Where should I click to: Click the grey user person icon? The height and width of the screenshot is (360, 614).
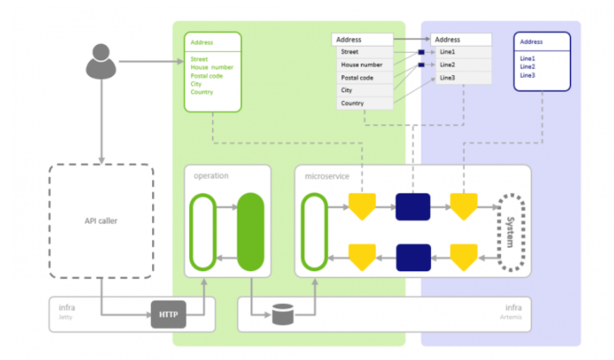pos(101,60)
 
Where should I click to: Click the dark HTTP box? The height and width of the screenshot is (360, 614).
pos(168,314)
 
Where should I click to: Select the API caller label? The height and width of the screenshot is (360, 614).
pos(101,220)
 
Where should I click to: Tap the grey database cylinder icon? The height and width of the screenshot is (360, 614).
pos(282,315)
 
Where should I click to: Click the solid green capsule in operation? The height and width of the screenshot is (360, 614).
pos(250,231)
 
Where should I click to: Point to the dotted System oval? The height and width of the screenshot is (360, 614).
pos(510,231)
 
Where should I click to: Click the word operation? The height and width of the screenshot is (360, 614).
pos(212,175)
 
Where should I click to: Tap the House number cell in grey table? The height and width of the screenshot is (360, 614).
pos(362,65)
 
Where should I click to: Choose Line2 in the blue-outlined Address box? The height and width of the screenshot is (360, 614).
pos(528,66)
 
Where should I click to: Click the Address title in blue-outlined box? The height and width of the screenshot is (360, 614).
pos(531,41)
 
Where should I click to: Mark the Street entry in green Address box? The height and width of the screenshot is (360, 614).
pos(199,59)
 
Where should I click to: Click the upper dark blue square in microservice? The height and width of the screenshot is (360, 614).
pos(412,207)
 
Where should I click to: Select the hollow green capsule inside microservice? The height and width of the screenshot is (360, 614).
pos(314,231)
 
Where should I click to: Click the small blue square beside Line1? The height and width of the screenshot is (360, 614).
pos(421,53)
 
